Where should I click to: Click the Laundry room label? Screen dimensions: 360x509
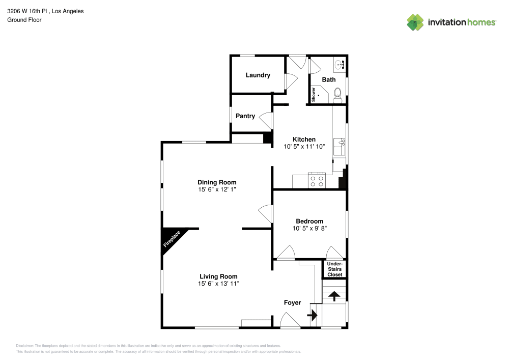258,75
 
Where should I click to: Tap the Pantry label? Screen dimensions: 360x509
245,116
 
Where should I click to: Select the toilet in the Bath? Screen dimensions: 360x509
337,95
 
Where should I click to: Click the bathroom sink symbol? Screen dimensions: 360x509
340,65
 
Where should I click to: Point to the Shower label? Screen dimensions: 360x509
314,95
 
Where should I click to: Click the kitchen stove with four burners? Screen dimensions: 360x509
317,180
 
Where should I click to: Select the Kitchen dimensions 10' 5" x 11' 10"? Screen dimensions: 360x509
304,147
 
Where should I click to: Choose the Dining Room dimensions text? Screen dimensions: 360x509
217,189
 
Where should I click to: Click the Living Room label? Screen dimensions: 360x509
218,276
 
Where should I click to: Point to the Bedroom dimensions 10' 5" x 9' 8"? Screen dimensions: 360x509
309,229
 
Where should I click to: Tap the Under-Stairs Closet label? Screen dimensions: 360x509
334,269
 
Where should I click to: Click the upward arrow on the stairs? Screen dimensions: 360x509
334,296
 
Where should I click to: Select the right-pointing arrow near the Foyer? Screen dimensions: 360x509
312,316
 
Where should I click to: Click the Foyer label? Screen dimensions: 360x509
292,302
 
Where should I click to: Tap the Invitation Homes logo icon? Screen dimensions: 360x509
415,22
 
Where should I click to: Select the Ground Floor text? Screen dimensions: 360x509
24,20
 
